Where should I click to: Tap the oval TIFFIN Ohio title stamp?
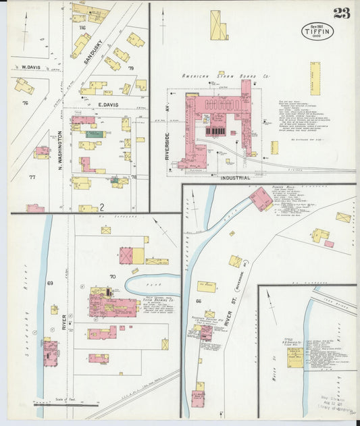pos(317,31)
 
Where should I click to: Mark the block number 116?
pos(82,28)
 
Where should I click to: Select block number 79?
pos(132,68)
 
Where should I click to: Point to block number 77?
pos(32,176)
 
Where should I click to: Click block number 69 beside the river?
pos(50,282)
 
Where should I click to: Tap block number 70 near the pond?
pos(113,277)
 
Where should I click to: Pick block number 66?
pos(199,300)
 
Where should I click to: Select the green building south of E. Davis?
pos(95,134)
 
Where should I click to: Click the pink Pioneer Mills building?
pos(261,198)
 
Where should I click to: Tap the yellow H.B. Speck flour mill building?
pos(294,357)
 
